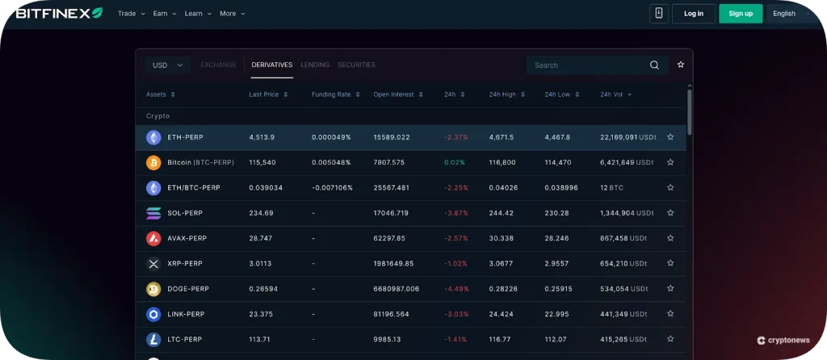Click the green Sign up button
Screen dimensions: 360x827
[741, 14]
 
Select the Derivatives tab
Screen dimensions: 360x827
[271, 65]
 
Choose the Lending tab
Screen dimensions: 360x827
[315, 65]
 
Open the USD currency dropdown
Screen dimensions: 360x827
[168, 65]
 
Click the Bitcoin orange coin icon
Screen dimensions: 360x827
[153, 163]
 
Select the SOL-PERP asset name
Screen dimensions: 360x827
[185, 213]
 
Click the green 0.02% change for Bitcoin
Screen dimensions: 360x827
[455, 163]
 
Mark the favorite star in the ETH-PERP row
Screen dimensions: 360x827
[670, 137]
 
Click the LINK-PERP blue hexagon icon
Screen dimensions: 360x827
[153, 314]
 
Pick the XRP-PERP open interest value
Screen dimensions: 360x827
[393, 264]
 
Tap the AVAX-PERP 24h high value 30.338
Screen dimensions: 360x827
[501, 239]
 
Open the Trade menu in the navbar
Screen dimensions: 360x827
[131, 14]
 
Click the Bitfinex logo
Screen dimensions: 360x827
[58, 13]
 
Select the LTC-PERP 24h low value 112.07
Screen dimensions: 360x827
[557, 340]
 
